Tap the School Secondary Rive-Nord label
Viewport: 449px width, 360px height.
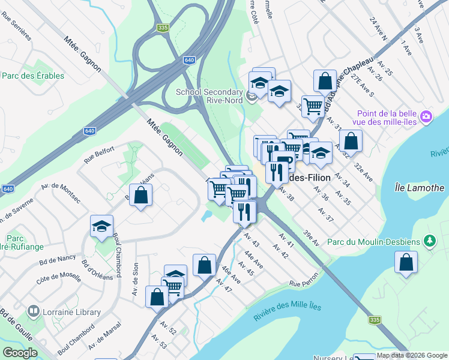(x=209, y=96)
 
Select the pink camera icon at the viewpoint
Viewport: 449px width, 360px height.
(x=426, y=116)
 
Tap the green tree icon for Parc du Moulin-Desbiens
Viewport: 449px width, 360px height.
(x=429, y=241)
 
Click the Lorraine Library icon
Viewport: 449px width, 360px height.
(x=34, y=311)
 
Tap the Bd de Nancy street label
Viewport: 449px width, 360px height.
(x=58, y=259)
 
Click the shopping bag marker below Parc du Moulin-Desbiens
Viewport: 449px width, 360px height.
(x=406, y=262)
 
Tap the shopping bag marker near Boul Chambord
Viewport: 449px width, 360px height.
(x=140, y=195)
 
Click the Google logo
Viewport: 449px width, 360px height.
(x=20, y=352)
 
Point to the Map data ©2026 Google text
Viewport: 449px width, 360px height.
(x=412, y=356)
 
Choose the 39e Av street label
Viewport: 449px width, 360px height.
(x=311, y=238)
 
